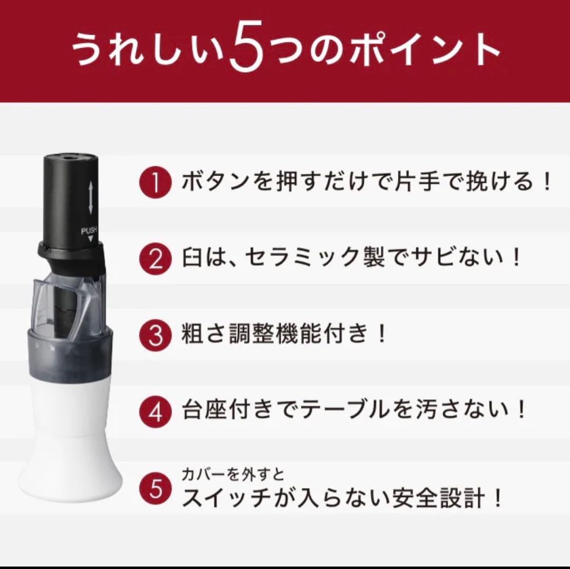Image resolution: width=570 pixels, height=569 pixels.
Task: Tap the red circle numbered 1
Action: click(x=155, y=183)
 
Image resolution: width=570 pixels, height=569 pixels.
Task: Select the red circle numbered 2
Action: click(x=155, y=259)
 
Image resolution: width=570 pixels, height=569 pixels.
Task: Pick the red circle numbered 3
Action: click(x=155, y=334)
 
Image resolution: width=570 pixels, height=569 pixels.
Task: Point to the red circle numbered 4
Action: click(x=155, y=411)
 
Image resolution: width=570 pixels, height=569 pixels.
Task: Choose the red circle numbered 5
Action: click(x=155, y=488)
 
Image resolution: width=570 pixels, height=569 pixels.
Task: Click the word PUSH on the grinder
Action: click(x=89, y=231)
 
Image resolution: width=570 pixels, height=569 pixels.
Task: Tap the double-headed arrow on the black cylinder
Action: click(x=90, y=198)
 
